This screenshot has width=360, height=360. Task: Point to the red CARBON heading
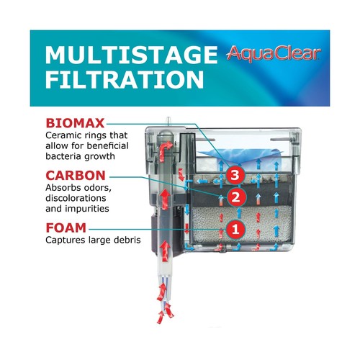(x=76, y=176)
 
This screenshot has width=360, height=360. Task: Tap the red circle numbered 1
(x=233, y=230)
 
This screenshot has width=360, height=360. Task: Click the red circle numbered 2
(x=233, y=197)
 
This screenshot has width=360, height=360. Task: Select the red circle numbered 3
(x=233, y=175)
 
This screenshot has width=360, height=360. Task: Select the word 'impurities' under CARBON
(x=99, y=210)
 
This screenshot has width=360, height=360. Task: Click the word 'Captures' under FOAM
(x=67, y=241)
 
